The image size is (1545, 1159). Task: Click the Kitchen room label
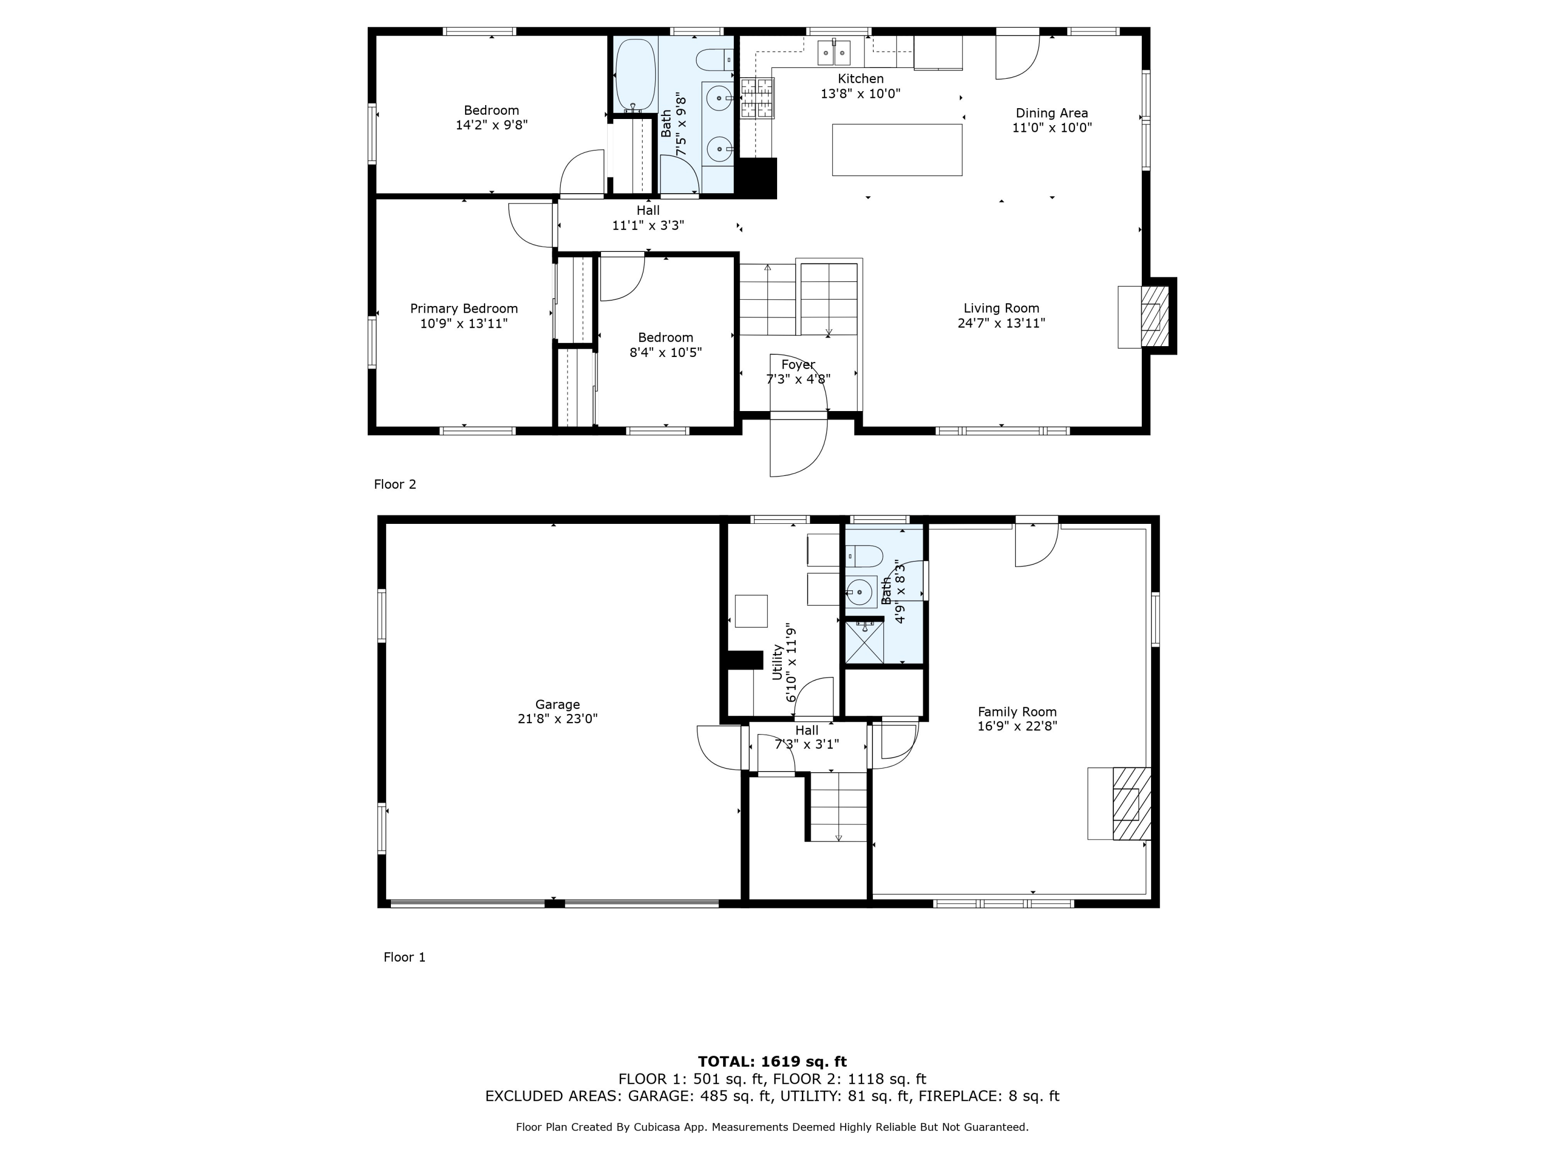860,79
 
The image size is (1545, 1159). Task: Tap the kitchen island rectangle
897,149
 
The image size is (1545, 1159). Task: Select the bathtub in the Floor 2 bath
635,73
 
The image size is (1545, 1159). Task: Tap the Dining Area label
1051,113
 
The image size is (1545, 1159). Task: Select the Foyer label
798,365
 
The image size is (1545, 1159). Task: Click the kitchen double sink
834,51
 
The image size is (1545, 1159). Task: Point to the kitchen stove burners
757,98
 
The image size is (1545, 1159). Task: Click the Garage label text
557,704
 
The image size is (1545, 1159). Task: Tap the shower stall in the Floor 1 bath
864,642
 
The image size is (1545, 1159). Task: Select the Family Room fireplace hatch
1131,804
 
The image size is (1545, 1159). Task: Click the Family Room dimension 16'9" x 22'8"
1017,726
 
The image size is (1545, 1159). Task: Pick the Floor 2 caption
394,484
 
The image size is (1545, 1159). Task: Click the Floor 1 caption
404,957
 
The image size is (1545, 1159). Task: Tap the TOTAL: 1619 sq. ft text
772,1062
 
